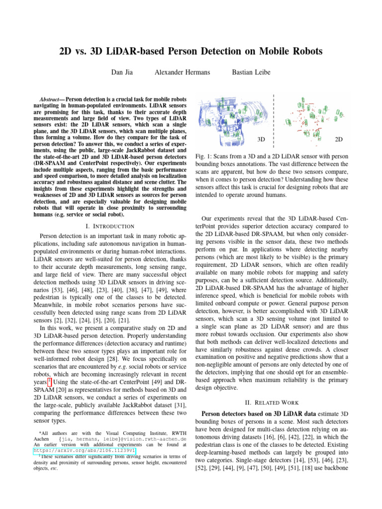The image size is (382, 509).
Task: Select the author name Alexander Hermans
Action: click(182, 73)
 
